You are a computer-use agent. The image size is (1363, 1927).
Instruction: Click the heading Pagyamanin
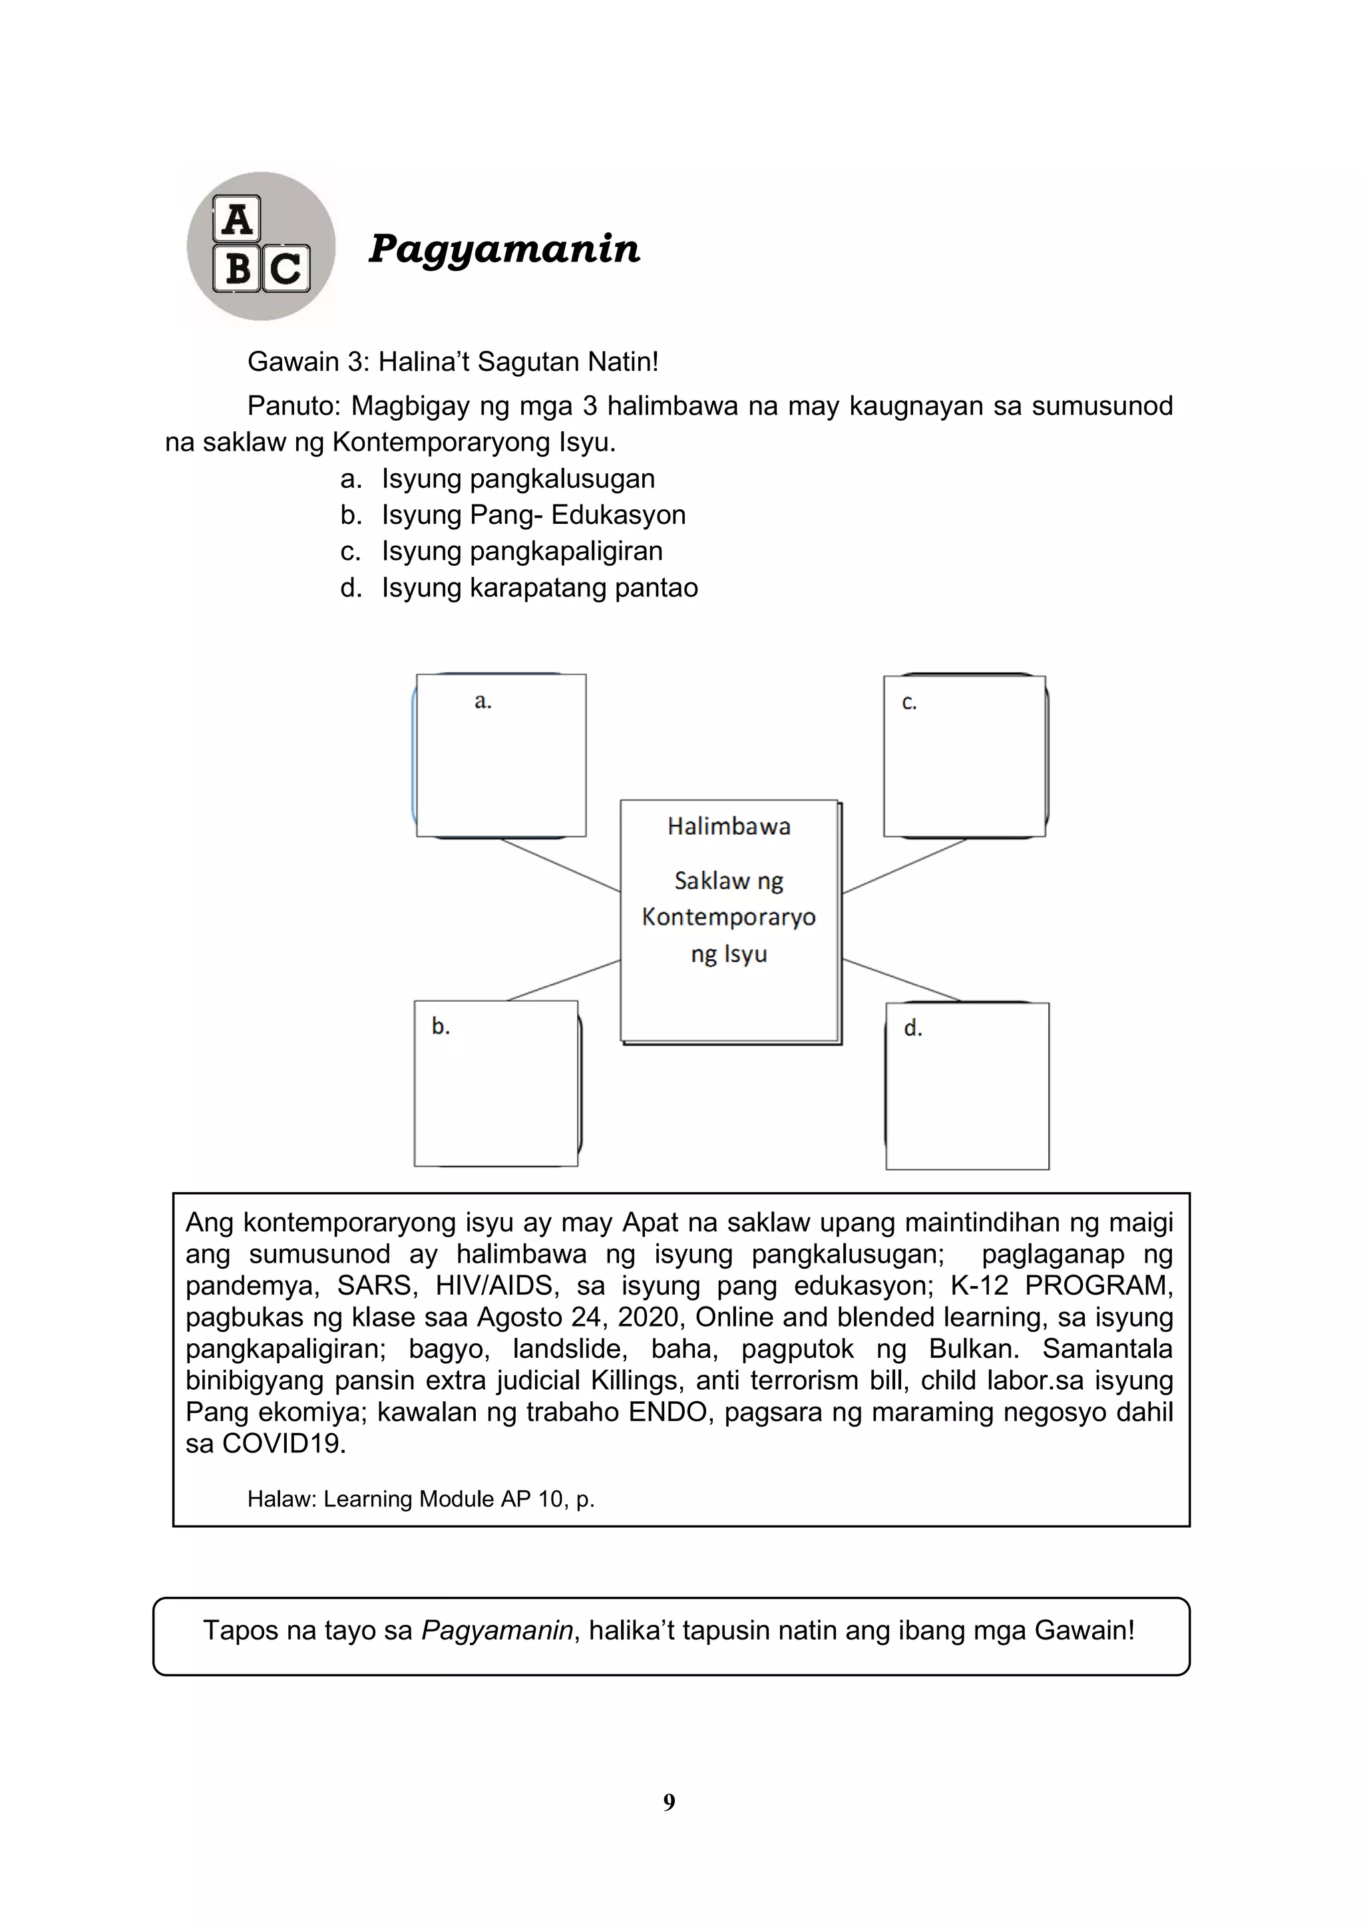pyautogui.click(x=504, y=248)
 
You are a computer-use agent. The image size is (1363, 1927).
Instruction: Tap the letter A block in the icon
pyautogui.click(x=237, y=220)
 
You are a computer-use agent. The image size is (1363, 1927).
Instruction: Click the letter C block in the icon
pyautogui.click(x=286, y=268)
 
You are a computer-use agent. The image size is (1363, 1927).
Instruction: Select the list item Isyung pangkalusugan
pyautogui.click(x=517, y=479)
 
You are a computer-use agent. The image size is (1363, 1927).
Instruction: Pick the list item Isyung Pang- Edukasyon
pyautogui.click(x=533, y=515)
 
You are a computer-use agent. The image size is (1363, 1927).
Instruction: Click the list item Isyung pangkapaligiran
pyautogui.click(x=521, y=550)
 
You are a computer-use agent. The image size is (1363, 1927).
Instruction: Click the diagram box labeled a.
pyautogui.click(x=501, y=755)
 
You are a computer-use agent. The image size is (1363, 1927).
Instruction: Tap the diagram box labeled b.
pyautogui.click(x=496, y=1083)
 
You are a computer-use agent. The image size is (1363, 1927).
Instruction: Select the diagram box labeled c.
pyautogui.click(x=964, y=756)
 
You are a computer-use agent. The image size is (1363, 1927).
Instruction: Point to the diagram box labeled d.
pyautogui.click(x=967, y=1086)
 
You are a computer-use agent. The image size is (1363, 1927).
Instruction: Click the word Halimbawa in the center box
pyautogui.click(x=729, y=827)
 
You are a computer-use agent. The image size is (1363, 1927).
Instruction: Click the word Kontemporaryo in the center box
pyautogui.click(x=729, y=917)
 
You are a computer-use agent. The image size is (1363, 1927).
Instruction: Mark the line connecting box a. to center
pyautogui.click(x=560, y=865)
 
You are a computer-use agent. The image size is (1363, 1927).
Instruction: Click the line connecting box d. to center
pyautogui.click(x=901, y=979)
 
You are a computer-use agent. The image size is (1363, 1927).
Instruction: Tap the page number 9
pyautogui.click(x=669, y=1802)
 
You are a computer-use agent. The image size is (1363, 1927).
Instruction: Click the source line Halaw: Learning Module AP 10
pyautogui.click(x=421, y=1499)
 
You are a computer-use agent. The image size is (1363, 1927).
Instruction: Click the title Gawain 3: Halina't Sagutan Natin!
pyautogui.click(x=453, y=361)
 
